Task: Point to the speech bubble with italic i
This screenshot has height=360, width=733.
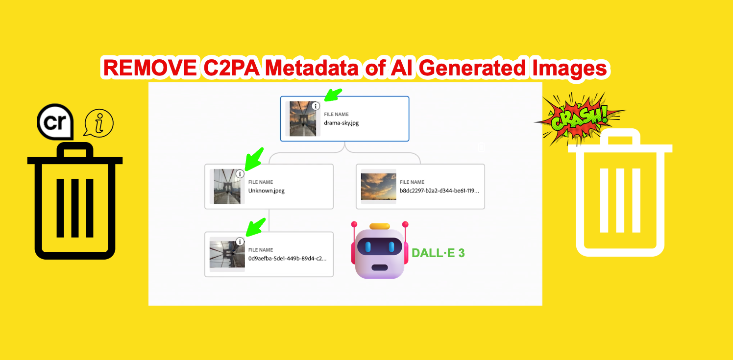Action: (x=99, y=123)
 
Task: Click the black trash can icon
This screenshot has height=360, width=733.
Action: (x=74, y=201)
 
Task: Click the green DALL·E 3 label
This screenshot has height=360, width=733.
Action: (x=438, y=253)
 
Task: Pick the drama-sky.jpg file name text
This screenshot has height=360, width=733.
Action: (x=341, y=123)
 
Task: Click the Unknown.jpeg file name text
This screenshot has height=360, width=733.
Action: (x=266, y=191)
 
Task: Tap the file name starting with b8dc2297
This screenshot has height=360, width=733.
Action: (x=439, y=191)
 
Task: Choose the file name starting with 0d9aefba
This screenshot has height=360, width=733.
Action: (x=287, y=258)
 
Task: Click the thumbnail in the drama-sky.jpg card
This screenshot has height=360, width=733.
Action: (x=303, y=119)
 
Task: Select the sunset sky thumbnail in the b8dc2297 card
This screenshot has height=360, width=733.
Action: (x=378, y=187)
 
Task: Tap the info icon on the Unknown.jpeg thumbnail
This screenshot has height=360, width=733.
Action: (x=240, y=174)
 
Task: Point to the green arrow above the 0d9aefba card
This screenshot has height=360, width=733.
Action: (x=255, y=226)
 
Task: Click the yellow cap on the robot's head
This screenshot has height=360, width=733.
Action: (x=380, y=226)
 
